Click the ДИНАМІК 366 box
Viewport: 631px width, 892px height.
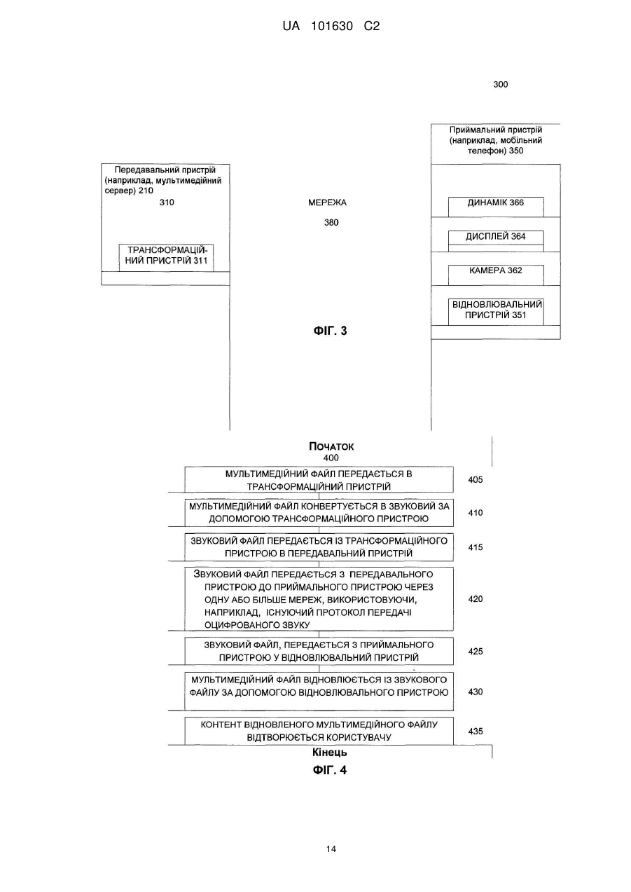(496, 207)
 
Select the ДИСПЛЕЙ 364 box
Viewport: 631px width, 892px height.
(496, 241)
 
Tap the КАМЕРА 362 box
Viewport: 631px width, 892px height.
(496, 275)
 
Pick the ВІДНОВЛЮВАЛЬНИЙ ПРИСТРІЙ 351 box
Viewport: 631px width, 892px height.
(496, 312)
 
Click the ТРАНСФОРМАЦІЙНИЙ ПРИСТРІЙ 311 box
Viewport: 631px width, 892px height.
(167, 258)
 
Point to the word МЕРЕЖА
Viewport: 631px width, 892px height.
(327, 203)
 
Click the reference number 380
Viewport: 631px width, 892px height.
(331, 222)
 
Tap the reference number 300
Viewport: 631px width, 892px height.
(501, 84)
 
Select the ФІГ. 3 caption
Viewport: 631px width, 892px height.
(330, 331)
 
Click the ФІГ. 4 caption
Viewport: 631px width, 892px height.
(330, 770)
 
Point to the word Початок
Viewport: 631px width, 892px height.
(331, 446)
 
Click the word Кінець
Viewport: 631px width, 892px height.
(330, 753)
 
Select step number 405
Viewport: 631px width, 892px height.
(476, 479)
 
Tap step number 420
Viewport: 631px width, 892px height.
(476, 599)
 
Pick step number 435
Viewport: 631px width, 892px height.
(476, 731)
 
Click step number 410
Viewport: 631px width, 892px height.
(476, 512)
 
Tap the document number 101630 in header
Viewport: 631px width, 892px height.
(332, 27)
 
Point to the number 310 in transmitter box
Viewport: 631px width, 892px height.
(167, 203)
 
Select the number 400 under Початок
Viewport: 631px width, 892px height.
(331, 458)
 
